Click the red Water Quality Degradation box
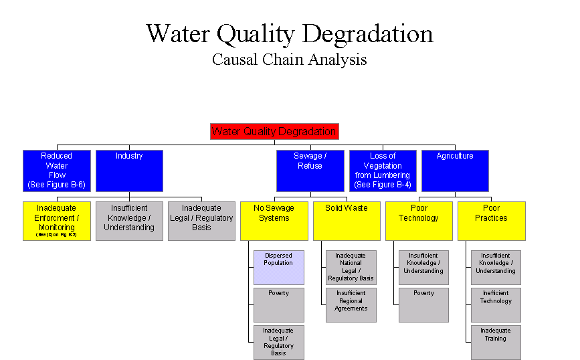[x=274, y=131]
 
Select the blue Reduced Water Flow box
[x=56, y=170]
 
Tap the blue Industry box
[x=129, y=170]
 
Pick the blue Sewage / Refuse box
[x=310, y=170]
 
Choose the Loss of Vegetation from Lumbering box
[x=383, y=170]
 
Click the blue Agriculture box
[x=455, y=170]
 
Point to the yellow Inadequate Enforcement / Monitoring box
[x=56, y=220]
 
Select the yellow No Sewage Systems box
[x=274, y=220]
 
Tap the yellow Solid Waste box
[x=347, y=220]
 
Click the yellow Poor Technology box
[x=419, y=220]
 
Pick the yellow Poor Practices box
[x=491, y=220]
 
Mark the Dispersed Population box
[x=278, y=267]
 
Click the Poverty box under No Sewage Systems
[x=278, y=304]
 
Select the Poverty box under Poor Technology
[x=423, y=304]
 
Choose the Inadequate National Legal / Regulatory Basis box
[x=351, y=267]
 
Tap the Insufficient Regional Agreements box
[x=351, y=304]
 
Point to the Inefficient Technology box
[x=496, y=304]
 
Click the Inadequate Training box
[x=496, y=341]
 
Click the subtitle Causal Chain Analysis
[x=289, y=60]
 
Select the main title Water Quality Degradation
[x=289, y=33]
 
